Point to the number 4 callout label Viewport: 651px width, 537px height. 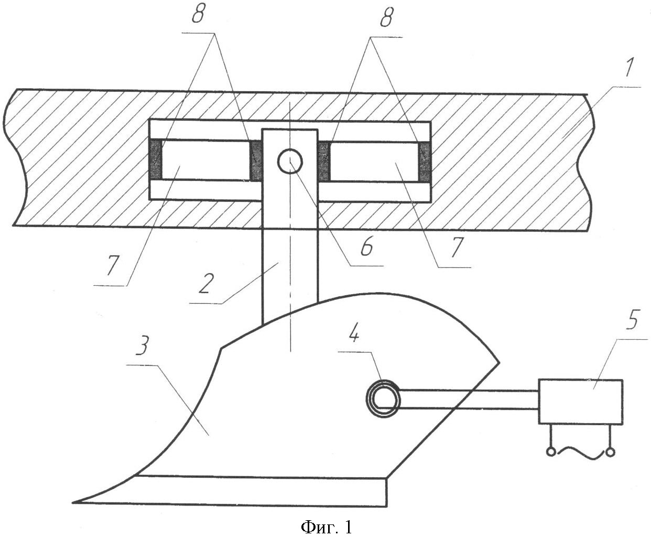point(354,335)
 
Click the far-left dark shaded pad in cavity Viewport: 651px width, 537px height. point(156,159)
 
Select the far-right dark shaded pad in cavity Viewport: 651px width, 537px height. point(425,162)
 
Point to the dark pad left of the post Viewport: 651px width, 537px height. point(257,160)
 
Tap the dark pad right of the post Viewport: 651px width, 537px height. point(324,162)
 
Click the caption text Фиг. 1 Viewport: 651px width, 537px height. point(327,518)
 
